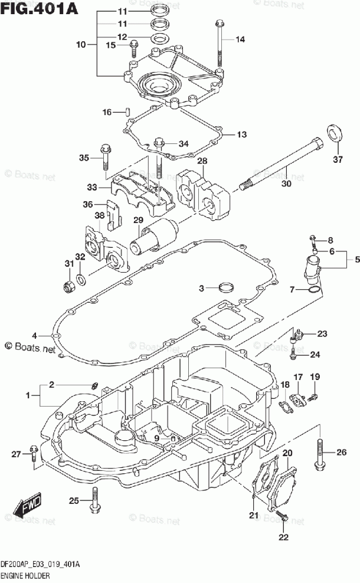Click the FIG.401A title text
pyautogui.click(x=39, y=8)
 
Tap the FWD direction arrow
pyautogui.click(x=27, y=505)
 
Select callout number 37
pyautogui.click(x=338, y=159)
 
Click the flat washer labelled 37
pyautogui.click(x=335, y=134)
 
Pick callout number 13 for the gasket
pyautogui.click(x=242, y=134)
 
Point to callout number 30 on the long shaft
pyautogui.click(x=286, y=184)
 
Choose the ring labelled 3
pyautogui.click(x=227, y=287)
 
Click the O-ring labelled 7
pyautogui.click(x=315, y=289)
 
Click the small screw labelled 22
pyautogui.click(x=285, y=517)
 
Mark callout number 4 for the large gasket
pyautogui.click(x=35, y=336)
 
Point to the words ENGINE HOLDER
pyautogui.click(x=25, y=576)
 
